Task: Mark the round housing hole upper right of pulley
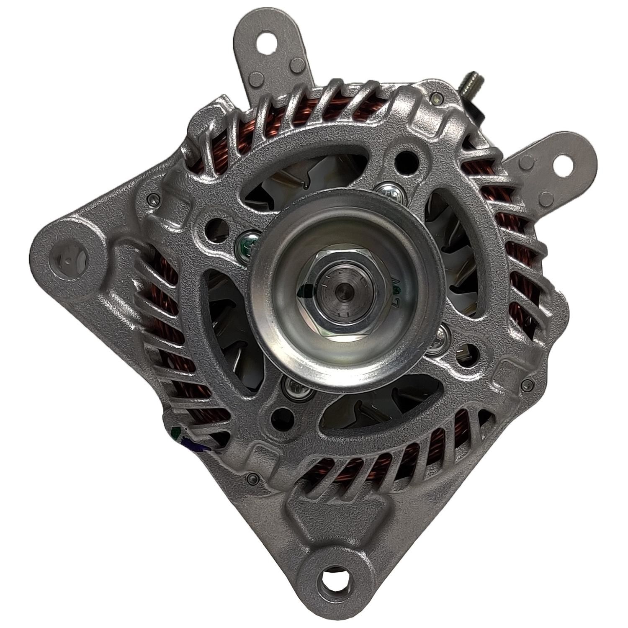(405, 160)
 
